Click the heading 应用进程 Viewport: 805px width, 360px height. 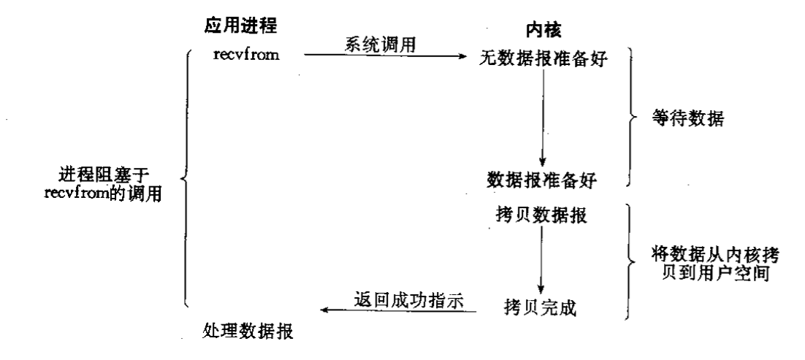coord(241,23)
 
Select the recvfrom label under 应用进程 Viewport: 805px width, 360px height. coord(246,54)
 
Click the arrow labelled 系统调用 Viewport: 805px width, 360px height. coord(387,55)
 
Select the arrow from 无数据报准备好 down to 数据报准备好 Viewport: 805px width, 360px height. coord(541,117)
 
